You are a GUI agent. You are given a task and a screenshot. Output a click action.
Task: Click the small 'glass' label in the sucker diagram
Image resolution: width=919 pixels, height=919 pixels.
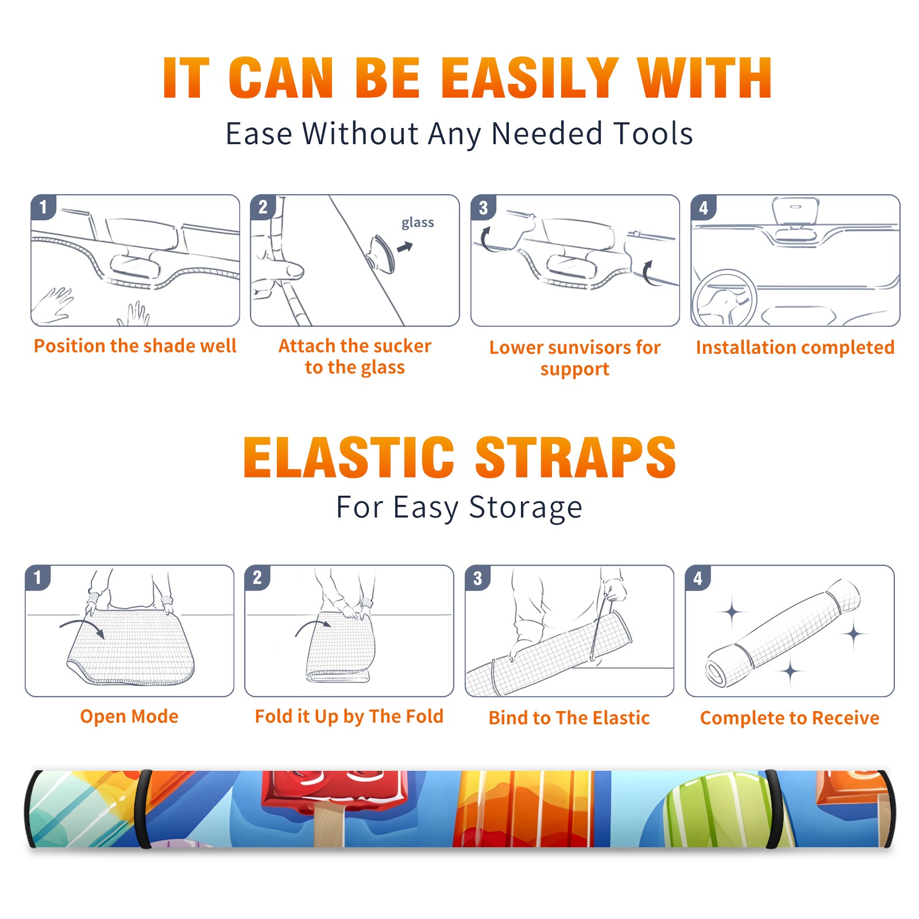(x=418, y=223)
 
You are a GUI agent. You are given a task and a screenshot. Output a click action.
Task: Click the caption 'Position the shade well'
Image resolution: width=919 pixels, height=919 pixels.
(x=135, y=346)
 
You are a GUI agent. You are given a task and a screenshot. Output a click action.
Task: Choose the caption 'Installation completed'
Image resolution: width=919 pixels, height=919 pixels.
(x=795, y=347)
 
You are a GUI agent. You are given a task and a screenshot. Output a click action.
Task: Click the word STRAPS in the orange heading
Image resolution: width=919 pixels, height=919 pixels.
(x=576, y=457)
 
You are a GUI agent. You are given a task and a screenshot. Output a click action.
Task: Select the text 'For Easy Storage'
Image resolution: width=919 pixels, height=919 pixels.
(x=459, y=507)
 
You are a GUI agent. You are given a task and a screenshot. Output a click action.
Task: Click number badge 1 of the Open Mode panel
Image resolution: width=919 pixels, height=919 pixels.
(x=38, y=577)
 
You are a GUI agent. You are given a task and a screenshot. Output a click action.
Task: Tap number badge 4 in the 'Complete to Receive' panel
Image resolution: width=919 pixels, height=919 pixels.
(x=698, y=578)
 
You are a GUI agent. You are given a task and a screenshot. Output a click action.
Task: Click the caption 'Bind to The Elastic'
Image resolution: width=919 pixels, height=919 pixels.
(x=569, y=717)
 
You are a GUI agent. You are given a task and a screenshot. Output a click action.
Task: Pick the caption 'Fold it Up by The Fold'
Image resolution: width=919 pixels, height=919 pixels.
(x=349, y=716)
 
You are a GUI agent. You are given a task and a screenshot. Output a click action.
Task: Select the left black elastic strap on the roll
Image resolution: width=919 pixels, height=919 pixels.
(x=144, y=809)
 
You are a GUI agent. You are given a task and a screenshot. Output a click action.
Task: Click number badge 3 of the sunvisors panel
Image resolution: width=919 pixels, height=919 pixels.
(x=484, y=208)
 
